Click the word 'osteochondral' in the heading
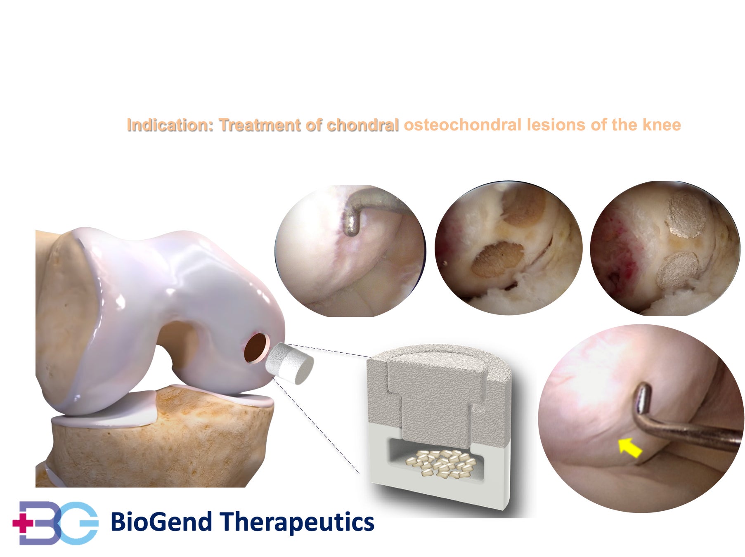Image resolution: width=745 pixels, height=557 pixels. (x=463, y=125)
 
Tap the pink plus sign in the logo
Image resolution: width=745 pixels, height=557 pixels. (x=23, y=523)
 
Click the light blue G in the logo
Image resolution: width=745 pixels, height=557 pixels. (x=79, y=523)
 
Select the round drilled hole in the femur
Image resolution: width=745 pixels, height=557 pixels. (x=256, y=348)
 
